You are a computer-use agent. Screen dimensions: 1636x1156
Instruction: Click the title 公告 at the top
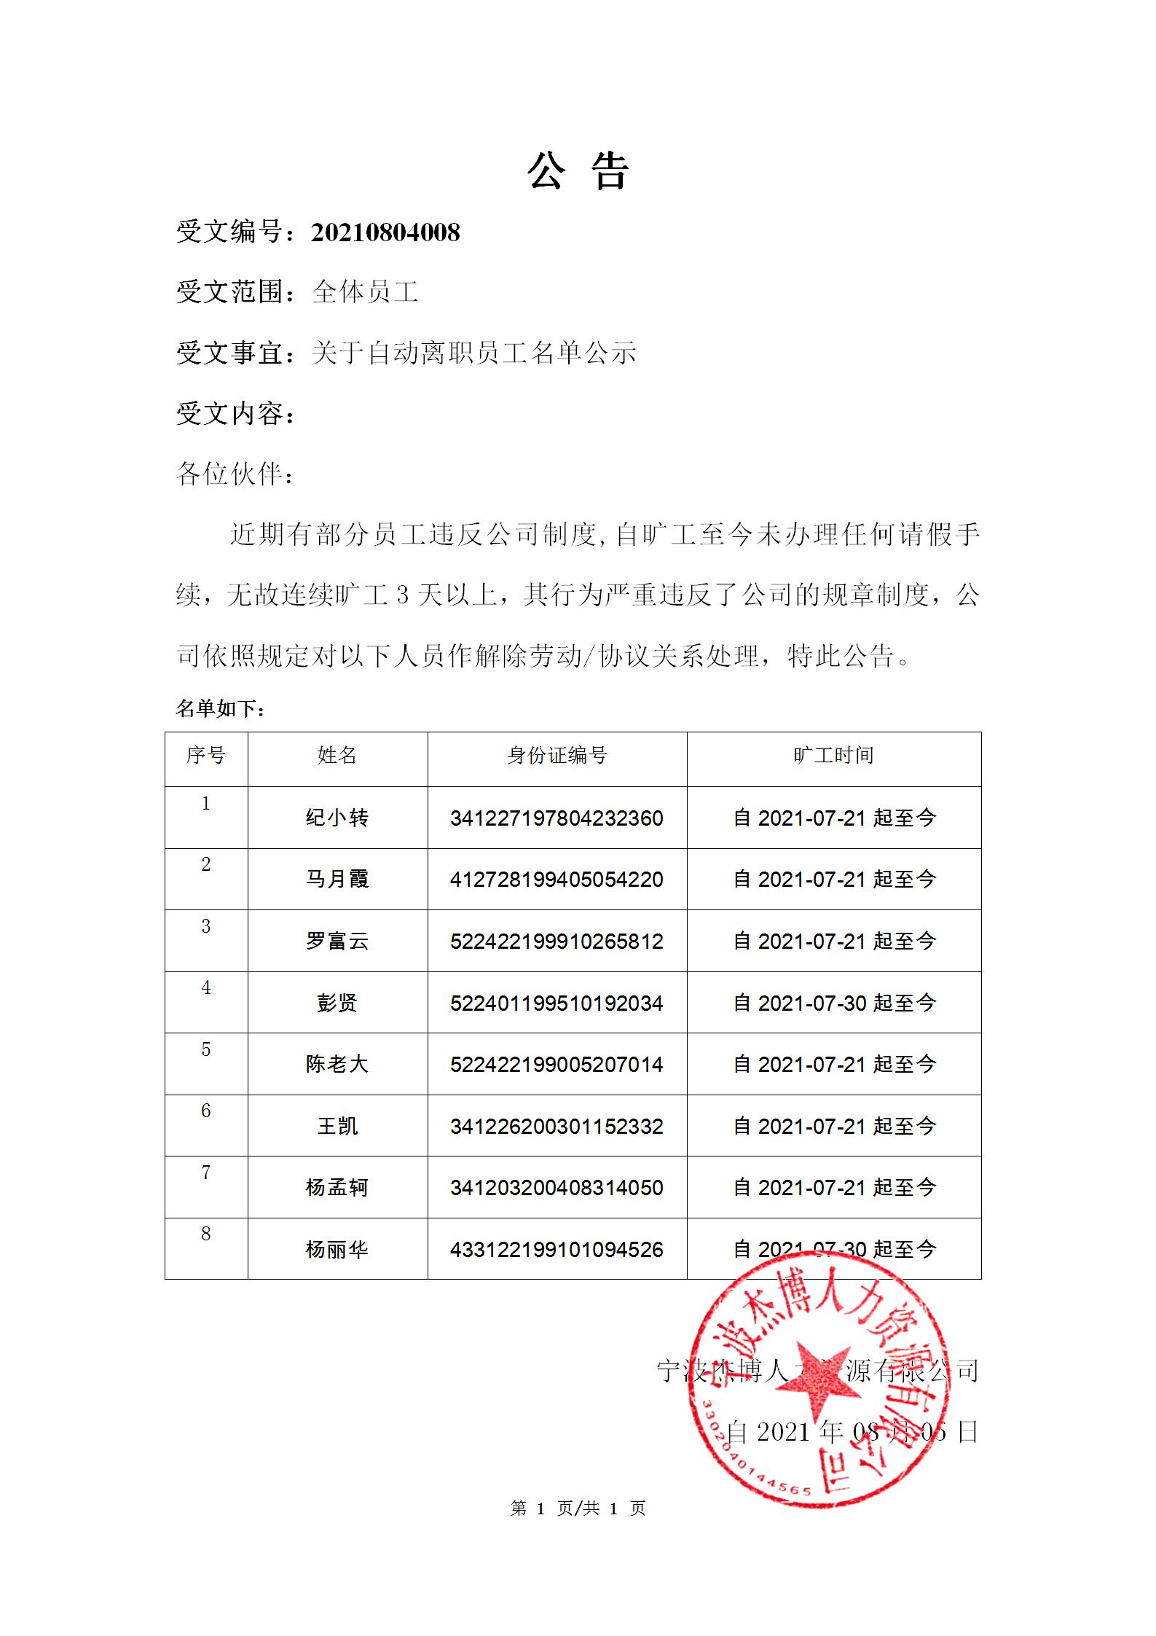point(578,172)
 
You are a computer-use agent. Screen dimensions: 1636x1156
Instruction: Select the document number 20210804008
point(385,232)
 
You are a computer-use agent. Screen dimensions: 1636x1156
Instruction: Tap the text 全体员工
point(365,292)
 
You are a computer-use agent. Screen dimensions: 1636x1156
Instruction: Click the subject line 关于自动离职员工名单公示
point(473,353)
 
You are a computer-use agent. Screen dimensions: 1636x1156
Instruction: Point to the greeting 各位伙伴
point(235,474)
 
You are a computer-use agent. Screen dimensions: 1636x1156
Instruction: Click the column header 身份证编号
point(557,756)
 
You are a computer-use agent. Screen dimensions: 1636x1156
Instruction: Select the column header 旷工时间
point(833,756)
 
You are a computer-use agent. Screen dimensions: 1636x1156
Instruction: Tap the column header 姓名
point(337,756)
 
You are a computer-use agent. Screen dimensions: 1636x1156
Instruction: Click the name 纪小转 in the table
point(337,818)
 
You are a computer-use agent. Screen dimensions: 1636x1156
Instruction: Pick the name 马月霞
point(337,879)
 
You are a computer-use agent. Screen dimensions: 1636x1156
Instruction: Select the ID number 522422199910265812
point(557,941)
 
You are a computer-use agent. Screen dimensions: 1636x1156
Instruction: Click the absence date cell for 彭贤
point(834,1003)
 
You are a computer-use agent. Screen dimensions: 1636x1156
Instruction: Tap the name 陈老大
point(337,1064)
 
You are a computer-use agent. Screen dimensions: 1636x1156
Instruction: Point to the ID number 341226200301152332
point(557,1126)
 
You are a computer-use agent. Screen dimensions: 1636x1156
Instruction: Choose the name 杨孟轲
point(337,1188)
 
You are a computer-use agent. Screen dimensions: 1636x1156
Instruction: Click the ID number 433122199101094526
point(557,1250)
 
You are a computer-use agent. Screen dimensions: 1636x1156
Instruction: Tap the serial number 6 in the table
point(206,1111)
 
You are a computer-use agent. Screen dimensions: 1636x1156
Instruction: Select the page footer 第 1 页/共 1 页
point(578,1508)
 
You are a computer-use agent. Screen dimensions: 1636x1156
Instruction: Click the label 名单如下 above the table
point(221,708)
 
